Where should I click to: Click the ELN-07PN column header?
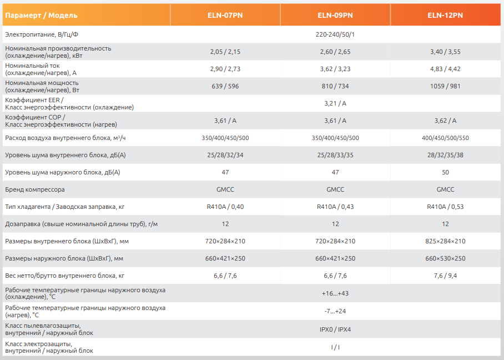pyautogui.click(x=225, y=15)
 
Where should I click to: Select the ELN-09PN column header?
pyautogui.click(x=335, y=15)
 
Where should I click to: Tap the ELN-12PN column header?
pyautogui.click(x=445, y=15)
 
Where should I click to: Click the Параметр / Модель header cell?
pyautogui.click(x=41, y=15)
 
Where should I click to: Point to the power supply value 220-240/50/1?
pyautogui.click(x=335, y=34)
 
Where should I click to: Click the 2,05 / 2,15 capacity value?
pyautogui.click(x=225, y=52)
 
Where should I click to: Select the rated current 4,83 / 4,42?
pyautogui.click(x=445, y=69)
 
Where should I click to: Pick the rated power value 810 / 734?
pyautogui.click(x=335, y=86)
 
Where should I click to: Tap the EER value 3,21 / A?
pyautogui.click(x=335, y=103)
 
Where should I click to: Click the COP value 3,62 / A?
pyautogui.click(x=445, y=121)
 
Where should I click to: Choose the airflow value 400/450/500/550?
pyautogui.click(x=445, y=138)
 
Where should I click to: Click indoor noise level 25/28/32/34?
pyautogui.click(x=225, y=155)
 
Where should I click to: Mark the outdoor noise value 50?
pyautogui.click(x=445, y=172)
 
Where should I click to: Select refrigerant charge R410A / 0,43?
pyautogui.click(x=335, y=207)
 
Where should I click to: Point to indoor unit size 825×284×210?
pyautogui.click(x=445, y=241)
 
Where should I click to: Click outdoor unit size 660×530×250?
pyautogui.click(x=445, y=258)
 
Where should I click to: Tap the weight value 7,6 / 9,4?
pyautogui.click(x=445, y=276)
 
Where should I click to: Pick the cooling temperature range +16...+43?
pyautogui.click(x=335, y=293)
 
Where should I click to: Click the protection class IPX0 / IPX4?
pyautogui.click(x=335, y=329)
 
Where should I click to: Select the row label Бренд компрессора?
pyautogui.click(x=34, y=189)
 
